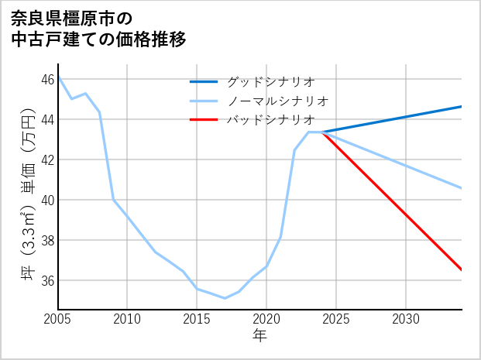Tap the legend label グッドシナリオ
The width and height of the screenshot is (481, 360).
pos(270,81)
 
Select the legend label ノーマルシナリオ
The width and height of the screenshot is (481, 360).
pos(278,101)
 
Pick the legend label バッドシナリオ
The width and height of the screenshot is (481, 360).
pos(270,120)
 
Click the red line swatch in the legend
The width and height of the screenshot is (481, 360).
pos(204,120)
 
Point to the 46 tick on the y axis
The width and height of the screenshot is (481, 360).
pos(48,79)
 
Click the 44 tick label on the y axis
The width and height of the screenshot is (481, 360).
pos(48,119)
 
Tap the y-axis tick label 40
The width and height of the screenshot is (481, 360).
pos(48,200)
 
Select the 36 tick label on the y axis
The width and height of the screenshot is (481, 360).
pos(48,280)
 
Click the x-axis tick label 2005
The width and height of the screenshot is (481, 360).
pos(58,319)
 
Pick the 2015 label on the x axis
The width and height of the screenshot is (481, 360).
pos(197,319)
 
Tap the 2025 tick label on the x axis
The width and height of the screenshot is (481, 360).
pos(336,319)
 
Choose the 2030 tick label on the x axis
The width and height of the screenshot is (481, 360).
pos(406,319)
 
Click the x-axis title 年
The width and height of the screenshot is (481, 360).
pos(259,335)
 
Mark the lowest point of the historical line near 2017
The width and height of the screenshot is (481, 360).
pos(225,298)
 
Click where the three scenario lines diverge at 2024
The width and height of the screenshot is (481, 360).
pos(322,132)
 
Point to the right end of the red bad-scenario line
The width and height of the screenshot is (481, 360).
pos(462,269)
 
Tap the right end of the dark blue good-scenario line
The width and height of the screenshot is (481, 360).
pos(462,106)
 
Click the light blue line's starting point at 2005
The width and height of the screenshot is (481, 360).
pos(59,78)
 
